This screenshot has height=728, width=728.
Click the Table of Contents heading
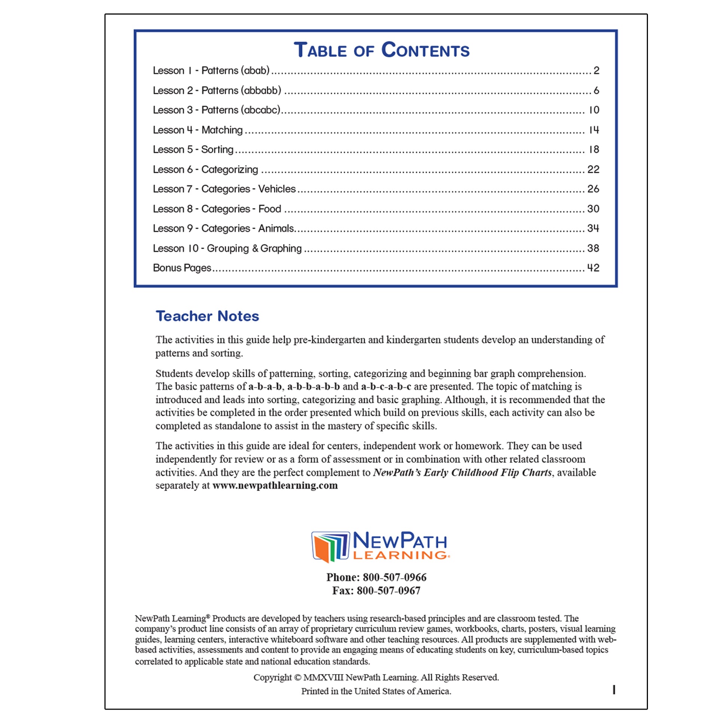(x=381, y=50)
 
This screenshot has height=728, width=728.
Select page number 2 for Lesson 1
(x=596, y=70)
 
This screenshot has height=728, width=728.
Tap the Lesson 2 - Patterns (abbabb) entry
(x=217, y=91)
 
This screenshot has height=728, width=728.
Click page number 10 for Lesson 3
(x=594, y=110)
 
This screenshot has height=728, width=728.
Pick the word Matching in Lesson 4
(x=222, y=130)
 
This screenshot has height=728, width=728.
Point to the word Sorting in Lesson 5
(x=217, y=150)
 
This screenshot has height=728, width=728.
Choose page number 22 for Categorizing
(x=593, y=169)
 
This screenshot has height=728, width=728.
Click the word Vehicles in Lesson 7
(x=276, y=189)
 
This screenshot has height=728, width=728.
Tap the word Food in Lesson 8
(x=270, y=209)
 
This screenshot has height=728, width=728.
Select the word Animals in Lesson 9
(x=276, y=228)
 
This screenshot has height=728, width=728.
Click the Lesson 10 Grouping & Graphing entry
(x=227, y=248)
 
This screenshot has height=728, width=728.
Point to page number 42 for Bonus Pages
(x=593, y=268)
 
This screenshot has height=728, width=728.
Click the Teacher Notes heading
(x=207, y=316)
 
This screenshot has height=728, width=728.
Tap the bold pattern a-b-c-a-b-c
(x=386, y=386)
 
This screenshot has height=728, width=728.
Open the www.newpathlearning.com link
(x=275, y=485)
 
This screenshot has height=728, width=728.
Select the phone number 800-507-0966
(x=395, y=577)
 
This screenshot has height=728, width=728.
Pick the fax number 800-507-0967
(x=388, y=590)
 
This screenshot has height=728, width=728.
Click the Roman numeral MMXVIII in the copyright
(x=323, y=677)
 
